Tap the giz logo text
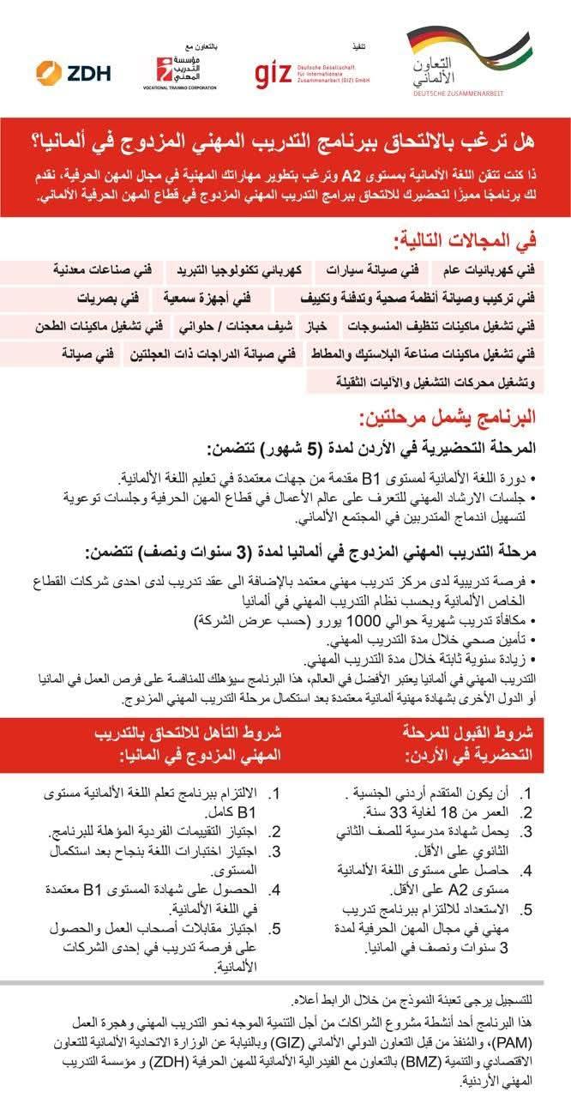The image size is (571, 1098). coord(273,74)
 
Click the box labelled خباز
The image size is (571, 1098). coord(318,327)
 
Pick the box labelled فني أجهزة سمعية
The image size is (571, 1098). coord(210,299)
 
